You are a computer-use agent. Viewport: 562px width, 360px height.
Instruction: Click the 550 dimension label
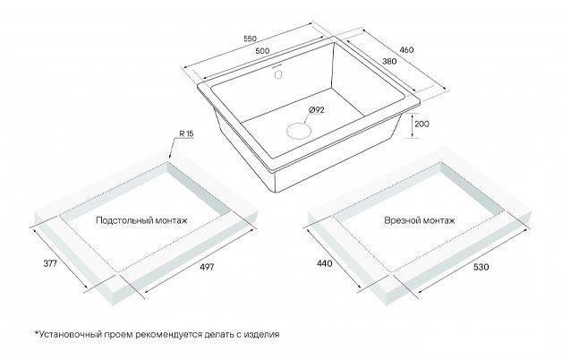click(250, 39)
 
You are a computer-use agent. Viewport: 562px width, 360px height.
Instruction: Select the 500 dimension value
click(262, 51)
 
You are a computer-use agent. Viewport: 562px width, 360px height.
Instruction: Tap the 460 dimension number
click(406, 50)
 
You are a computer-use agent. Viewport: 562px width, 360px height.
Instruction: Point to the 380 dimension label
click(389, 61)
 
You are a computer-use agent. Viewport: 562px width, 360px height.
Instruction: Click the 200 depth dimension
click(421, 124)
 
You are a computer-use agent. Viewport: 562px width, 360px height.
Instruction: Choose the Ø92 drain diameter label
click(316, 110)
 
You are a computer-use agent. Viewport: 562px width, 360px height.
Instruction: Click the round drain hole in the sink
click(298, 130)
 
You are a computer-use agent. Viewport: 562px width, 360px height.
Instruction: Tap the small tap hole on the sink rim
click(278, 74)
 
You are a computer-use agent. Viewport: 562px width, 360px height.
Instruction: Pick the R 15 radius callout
click(186, 133)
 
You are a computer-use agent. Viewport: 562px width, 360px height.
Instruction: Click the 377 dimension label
click(50, 264)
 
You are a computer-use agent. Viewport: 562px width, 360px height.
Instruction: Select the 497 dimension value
click(207, 267)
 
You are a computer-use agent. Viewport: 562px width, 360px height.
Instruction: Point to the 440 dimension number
click(325, 263)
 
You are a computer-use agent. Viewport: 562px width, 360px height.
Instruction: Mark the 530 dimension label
click(481, 267)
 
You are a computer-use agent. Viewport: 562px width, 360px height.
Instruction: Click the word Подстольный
click(124, 220)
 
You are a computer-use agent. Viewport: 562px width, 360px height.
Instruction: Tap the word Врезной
click(400, 219)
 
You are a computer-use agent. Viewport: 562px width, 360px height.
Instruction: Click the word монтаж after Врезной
click(437, 220)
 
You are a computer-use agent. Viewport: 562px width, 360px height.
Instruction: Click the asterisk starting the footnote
click(36, 333)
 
